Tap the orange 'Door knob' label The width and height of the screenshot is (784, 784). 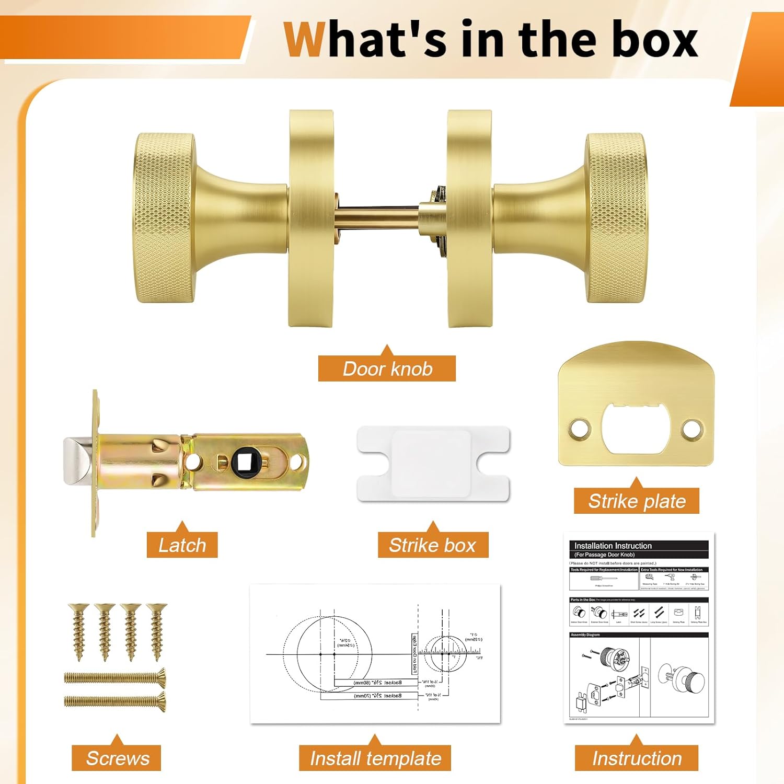pos(387,368)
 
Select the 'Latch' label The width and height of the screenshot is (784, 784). pos(182,545)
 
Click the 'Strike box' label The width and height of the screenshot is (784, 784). pos(432,545)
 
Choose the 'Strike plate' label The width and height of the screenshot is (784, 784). pos(637,501)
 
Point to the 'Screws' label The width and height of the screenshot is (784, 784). pos(117,758)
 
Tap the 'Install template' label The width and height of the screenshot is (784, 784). pos(375,758)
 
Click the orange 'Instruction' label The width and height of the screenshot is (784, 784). pos(636,758)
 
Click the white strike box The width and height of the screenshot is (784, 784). pos(433,463)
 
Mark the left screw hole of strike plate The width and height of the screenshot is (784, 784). pos(580,428)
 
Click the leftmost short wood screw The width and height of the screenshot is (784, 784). pos(79,631)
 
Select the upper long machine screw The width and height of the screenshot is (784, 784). pos(115,678)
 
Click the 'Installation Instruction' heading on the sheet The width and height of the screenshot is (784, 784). pos(613,546)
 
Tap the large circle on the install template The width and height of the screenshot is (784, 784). pos(328,653)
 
